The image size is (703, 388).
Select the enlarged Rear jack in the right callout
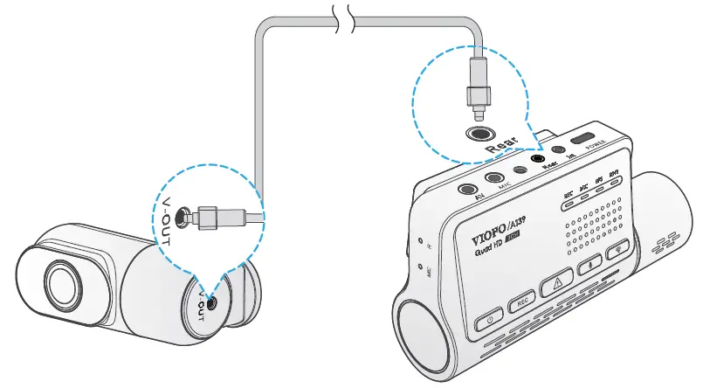click(480, 135)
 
